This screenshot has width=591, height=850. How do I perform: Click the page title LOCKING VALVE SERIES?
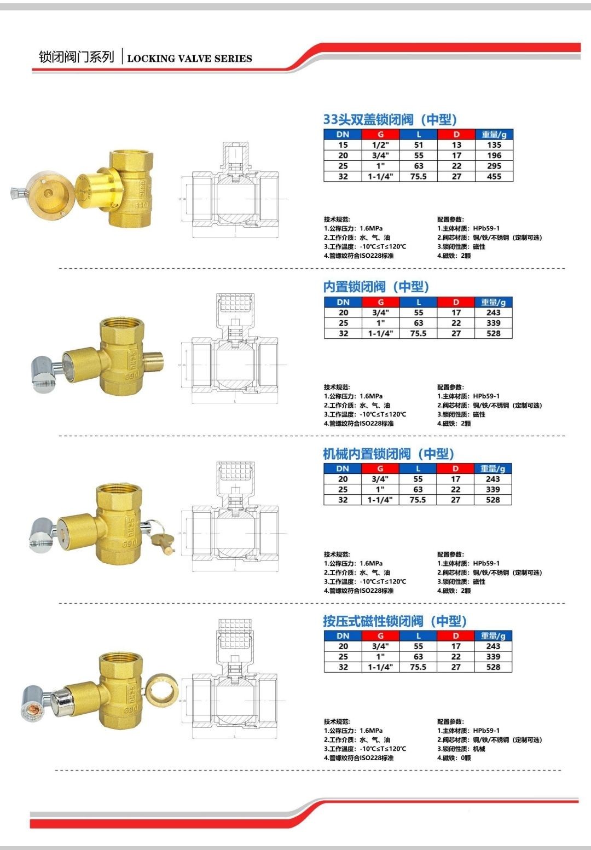coord(189,59)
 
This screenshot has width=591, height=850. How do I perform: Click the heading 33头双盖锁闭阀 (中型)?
coord(390,119)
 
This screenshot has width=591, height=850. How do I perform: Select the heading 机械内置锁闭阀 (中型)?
coord(389,454)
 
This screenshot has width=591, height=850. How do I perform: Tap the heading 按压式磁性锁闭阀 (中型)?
coord(395,621)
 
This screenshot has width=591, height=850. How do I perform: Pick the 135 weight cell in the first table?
coord(494,145)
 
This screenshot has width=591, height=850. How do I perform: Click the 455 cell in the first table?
coord(494,176)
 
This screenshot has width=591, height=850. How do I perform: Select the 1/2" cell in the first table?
coord(380,145)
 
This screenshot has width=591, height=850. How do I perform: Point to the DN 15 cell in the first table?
coord(343,145)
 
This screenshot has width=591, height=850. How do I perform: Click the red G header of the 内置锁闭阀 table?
coord(380,302)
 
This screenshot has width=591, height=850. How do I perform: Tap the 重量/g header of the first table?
coord(494,134)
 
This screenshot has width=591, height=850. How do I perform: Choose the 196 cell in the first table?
coord(494,155)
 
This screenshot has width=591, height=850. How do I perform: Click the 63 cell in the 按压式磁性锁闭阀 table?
coord(418,656)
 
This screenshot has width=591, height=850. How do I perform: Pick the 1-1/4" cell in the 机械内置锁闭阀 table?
coord(380,500)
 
